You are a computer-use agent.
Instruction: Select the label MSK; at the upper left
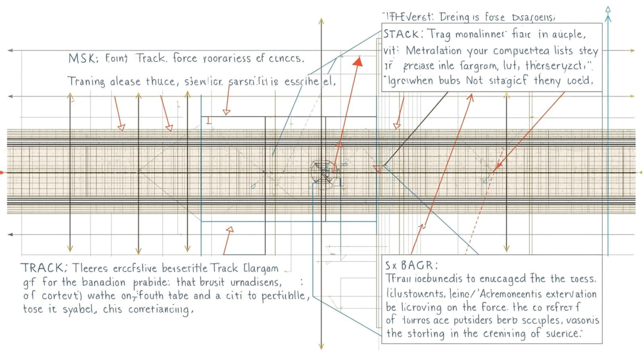[x=80, y=59]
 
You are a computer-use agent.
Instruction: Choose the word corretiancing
[x=161, y=309]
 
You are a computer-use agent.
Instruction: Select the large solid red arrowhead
[x=358, y=61]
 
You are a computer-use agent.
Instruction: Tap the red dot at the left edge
[x=2, y=173]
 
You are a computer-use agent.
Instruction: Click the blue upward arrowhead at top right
[x=608, y=10]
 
